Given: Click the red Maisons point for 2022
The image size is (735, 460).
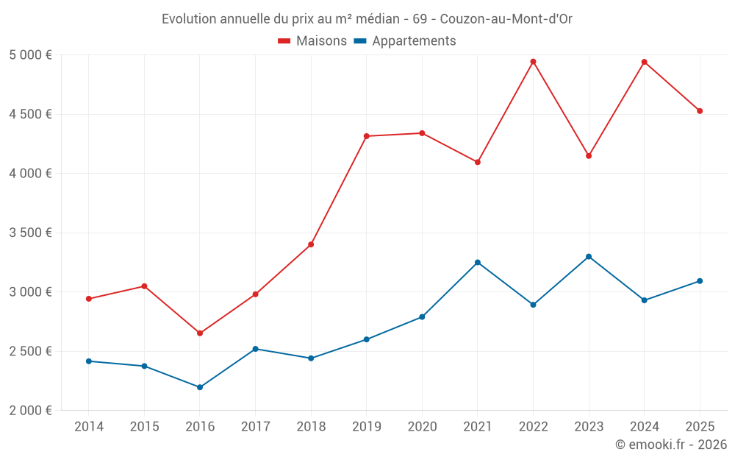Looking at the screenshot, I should point(533,62).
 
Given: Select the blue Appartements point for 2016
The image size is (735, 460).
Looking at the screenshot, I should point(200,387).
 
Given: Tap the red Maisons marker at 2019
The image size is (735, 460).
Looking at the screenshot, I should point(367,136).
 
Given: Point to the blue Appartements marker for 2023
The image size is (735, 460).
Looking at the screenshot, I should point(589,257).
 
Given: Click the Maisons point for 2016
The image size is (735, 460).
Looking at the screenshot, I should point(200,333).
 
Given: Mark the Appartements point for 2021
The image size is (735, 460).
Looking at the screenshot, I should point(478,263).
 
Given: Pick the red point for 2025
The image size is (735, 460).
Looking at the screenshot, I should point(700,111).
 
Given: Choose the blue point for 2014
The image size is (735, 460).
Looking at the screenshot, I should point(89,361).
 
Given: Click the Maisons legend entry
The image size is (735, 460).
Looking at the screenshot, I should point(312,41).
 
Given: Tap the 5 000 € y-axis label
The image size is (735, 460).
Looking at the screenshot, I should point(30,55).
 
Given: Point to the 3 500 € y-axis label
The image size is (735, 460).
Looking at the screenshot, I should point(30,233).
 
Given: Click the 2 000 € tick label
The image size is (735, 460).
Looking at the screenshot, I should point(30,411).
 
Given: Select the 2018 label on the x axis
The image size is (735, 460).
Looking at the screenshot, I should point(311,427).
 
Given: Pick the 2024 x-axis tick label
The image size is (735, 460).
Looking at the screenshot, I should point(644,427).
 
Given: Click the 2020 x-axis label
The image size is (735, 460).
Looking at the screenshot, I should point(422,427).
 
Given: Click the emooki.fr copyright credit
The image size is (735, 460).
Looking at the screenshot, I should point(671,445).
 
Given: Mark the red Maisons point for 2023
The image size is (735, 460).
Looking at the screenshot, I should point(589,156).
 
